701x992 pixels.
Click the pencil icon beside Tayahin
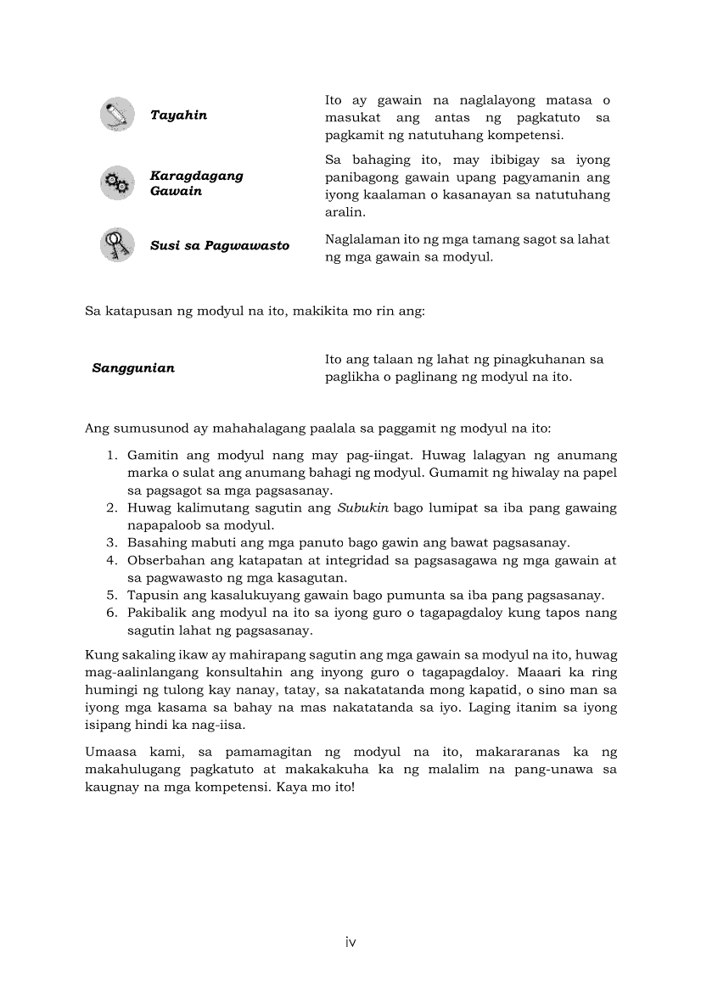point(117,115)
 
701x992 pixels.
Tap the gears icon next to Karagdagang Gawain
point(117,183)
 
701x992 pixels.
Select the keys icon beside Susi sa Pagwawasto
point(117,245)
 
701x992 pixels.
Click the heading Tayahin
point(178,115)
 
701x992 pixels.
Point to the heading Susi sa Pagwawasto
point(219,245)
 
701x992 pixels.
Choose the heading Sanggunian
point(133,368)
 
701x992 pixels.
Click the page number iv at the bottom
point(350,942)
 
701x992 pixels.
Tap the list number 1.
point(110,456)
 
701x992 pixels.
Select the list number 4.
point(110,561)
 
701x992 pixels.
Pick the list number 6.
point(110,613)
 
